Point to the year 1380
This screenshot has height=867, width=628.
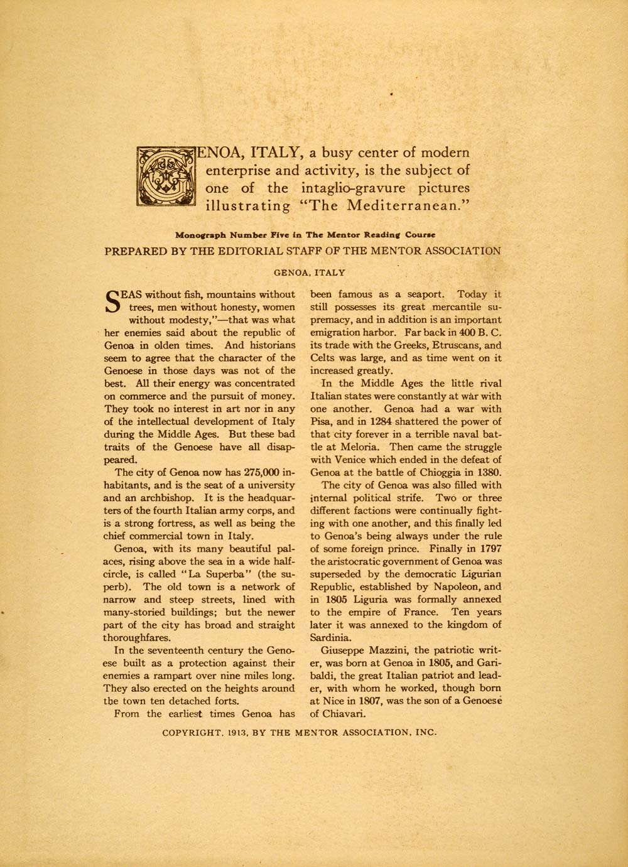click(x=487, y=472)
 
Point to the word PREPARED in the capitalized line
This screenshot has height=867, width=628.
click(x=136, y=251)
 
